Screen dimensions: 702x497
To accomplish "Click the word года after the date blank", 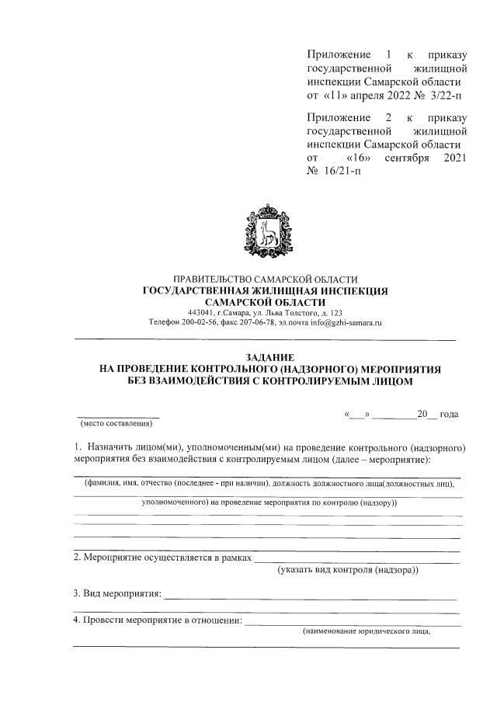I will point(448,414).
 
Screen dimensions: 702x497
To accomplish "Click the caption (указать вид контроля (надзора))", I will point(347,571).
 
